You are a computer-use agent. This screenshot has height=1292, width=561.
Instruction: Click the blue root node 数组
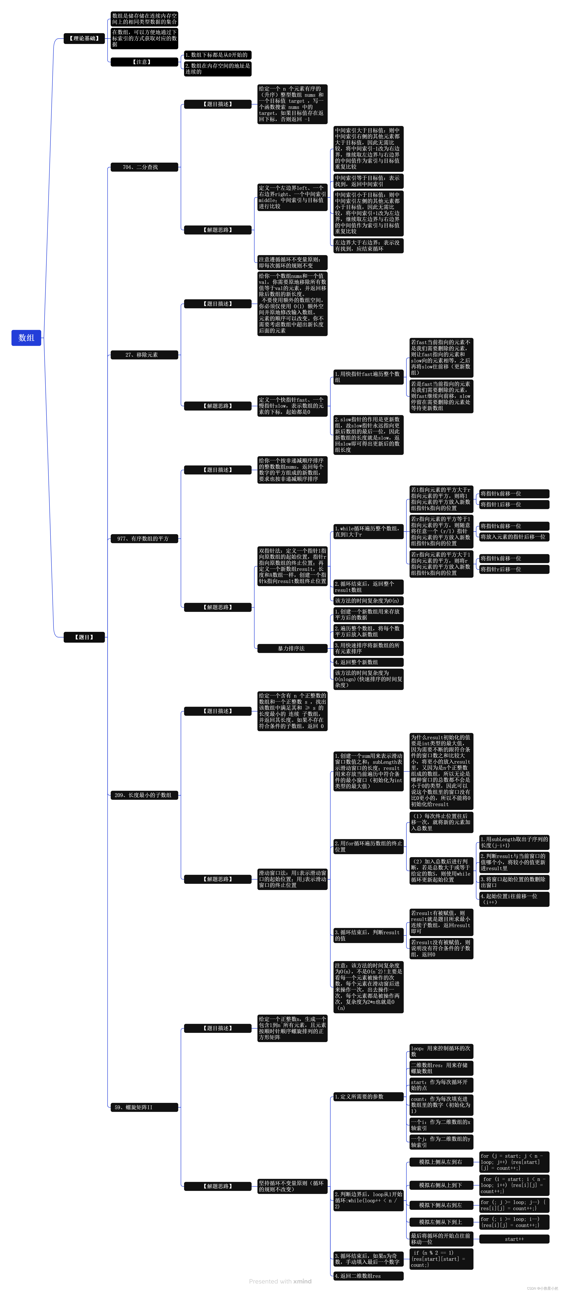(26, 338)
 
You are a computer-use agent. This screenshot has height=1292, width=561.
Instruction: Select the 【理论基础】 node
(84, 39)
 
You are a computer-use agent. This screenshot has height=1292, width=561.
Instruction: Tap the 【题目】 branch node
(84, 637)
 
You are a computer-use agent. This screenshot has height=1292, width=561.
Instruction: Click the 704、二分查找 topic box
(144, 167)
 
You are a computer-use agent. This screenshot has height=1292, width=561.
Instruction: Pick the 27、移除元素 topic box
(144, 355)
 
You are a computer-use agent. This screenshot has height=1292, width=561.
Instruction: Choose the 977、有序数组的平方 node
(144, 539)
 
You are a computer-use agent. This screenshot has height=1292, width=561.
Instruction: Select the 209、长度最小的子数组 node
(144, 795)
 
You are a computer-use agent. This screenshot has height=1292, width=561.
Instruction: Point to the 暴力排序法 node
(292, 649)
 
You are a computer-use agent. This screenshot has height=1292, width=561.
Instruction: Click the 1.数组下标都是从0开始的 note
(217, 55)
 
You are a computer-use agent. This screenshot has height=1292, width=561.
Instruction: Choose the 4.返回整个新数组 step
(368, 662)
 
